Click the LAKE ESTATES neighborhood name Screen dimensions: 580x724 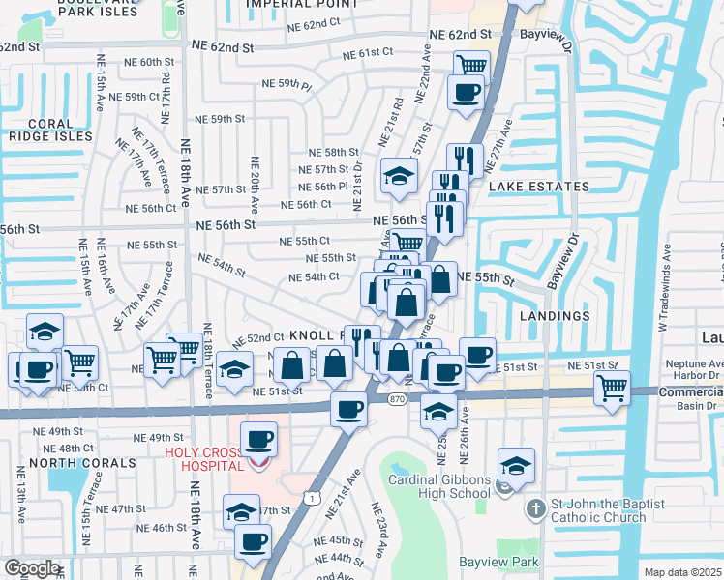pyautogui.click(x=538, y=186)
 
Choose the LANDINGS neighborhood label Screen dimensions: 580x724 pyautogui.click(x=555, y=316)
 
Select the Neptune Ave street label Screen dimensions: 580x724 pyautogui.click(x=688, y=362)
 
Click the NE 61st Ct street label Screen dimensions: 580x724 pyautogui.click(x=375, y=51)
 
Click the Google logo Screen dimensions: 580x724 pyautogui.click(x=31, y=568)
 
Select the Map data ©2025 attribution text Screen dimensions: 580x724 pyautogui.click(x=682, y=572)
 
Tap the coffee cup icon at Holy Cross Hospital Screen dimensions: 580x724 pyautogui.click(x=258, y=441)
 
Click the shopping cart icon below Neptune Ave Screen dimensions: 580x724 pyautogui.click(x=612, y=389)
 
